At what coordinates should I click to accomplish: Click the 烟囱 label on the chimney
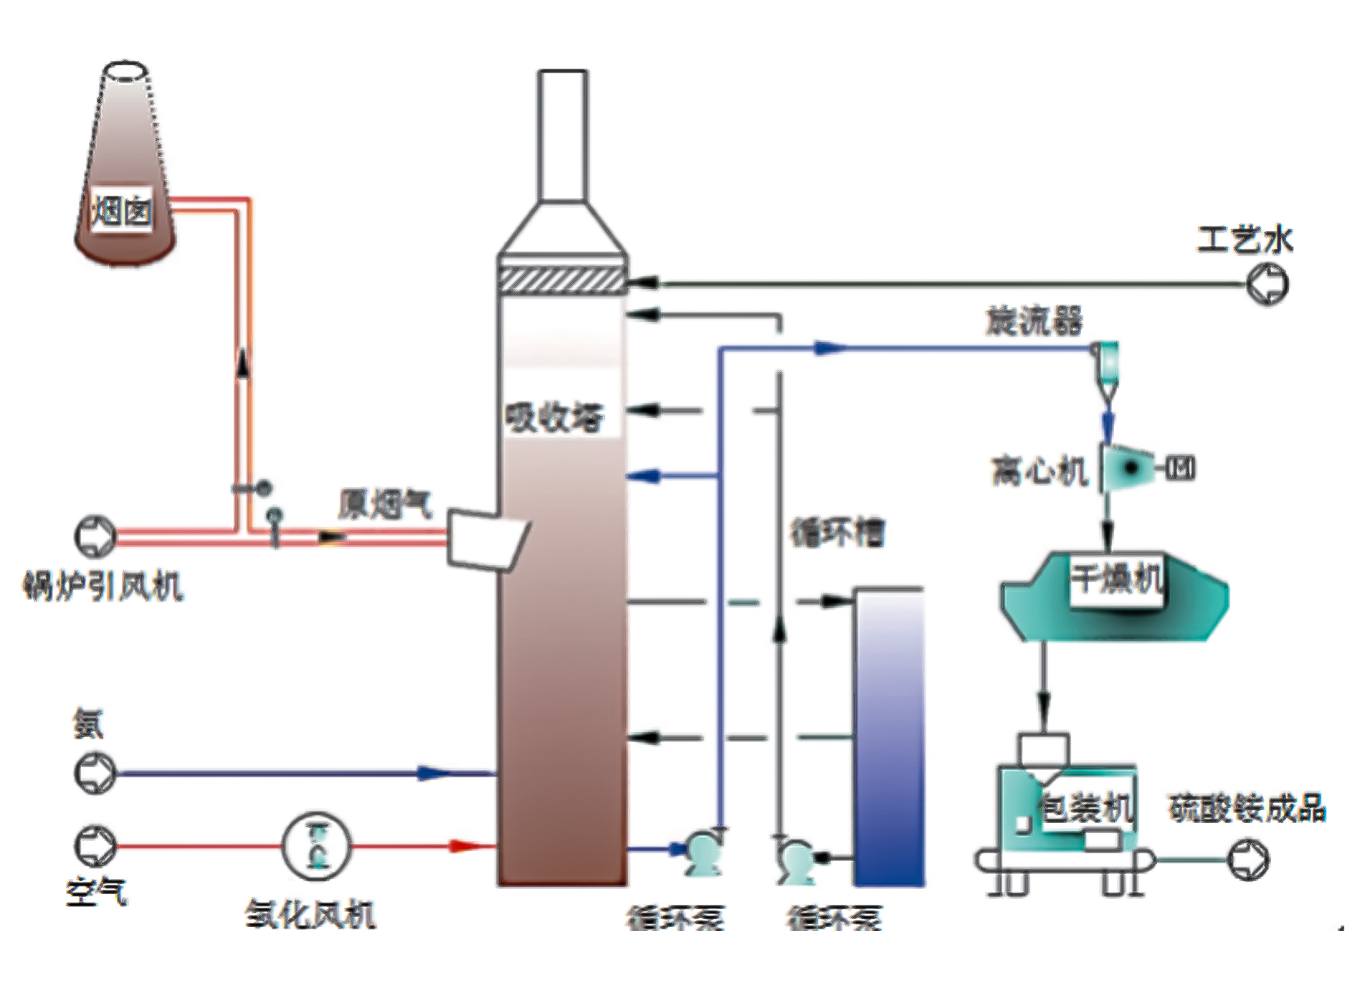[x=121, y=212]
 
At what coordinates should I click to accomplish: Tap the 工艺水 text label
[x=1244, y=240]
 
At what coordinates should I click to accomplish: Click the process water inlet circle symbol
[x=1267, y=285]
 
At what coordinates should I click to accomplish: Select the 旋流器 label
[x=1034, y=321]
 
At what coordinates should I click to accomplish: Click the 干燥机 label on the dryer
[x=1116, y=579]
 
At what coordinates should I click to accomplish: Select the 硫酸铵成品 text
[x=1247, y=810]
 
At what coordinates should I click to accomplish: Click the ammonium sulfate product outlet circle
[x=1249, y=859]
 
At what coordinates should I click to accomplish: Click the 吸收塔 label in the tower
[x=555, y=417]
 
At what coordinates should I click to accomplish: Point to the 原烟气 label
[x=385, y=505]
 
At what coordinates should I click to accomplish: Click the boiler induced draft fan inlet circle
[x=95, y=536]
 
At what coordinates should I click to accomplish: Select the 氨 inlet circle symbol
[x=95, y=773]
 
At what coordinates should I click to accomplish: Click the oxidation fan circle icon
[x=316, y=846]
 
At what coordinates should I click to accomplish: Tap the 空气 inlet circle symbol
[x=95, y=846]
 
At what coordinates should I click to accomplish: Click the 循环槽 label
[x=837, y=533]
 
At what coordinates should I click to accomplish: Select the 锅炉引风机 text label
[x=103, y=586]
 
